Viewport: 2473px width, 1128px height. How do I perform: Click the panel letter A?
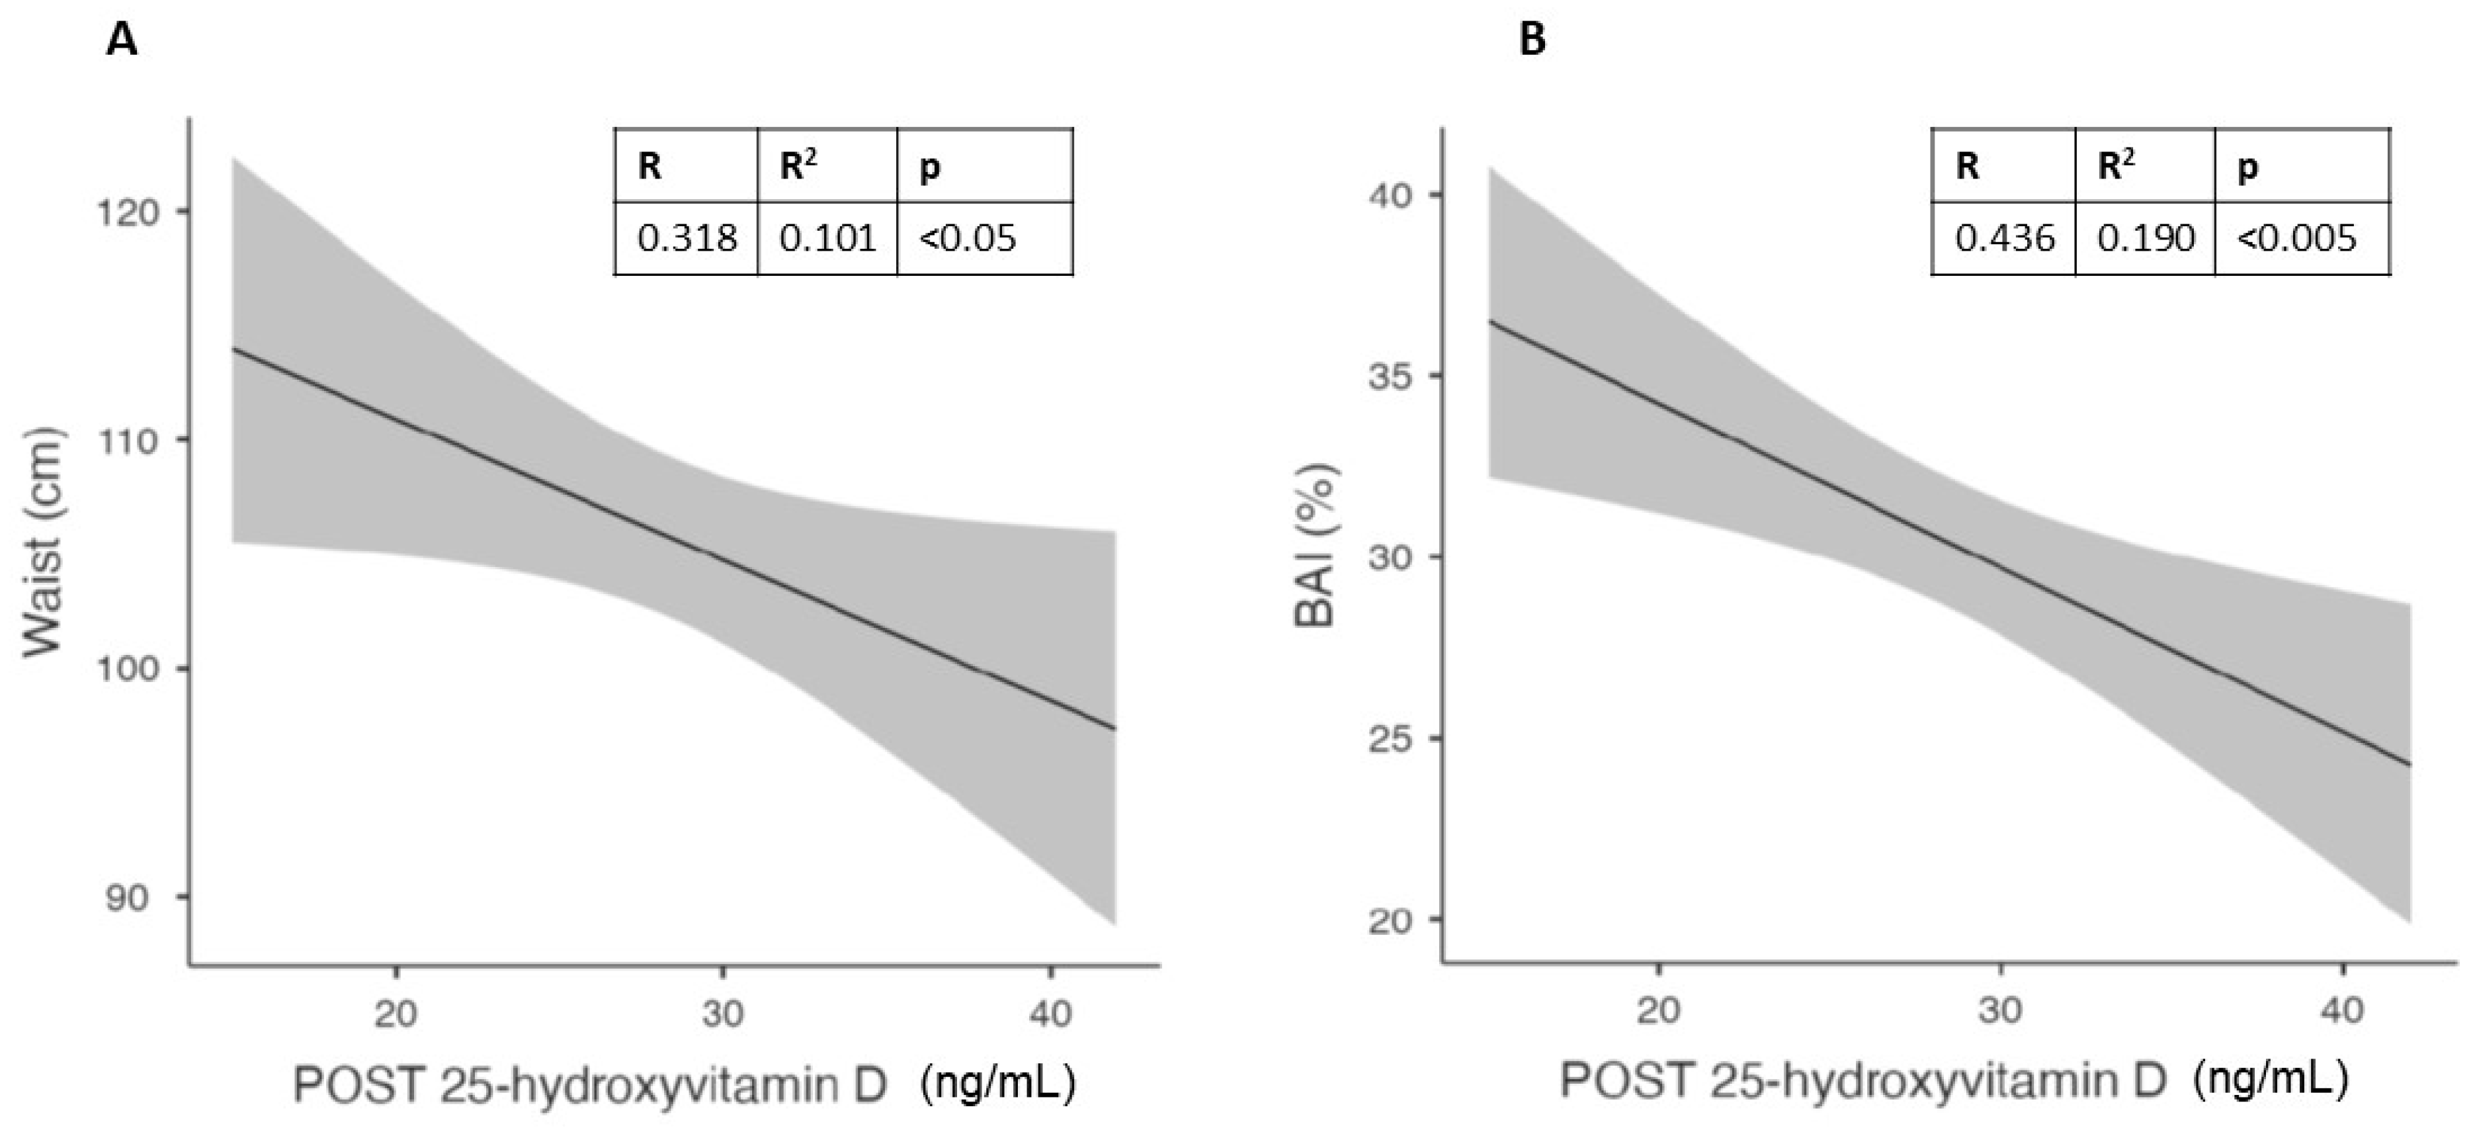pyautogui.click(x=122, y=40)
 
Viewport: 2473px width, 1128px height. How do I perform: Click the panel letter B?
pyautogui.click(x=1533, y=40)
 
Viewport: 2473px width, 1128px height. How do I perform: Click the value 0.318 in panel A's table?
pyautogui.click(x=687, y=238)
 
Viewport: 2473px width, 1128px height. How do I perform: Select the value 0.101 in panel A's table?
pyautogui.click(x=827, y=238)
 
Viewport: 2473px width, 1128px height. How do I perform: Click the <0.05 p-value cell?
pyautogui.click(x=968, y=238)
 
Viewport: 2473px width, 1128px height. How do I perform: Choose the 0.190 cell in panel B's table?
pyautogui.click(x=2145, y=238)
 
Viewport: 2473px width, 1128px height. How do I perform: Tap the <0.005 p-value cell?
pyautogui.click(x=2296, y=238)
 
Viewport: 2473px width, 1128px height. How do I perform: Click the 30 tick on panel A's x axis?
pyautogui.click(x=723, y=1013)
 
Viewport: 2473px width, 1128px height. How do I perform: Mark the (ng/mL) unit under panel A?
pyautogui.click(x=997, y=1083)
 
